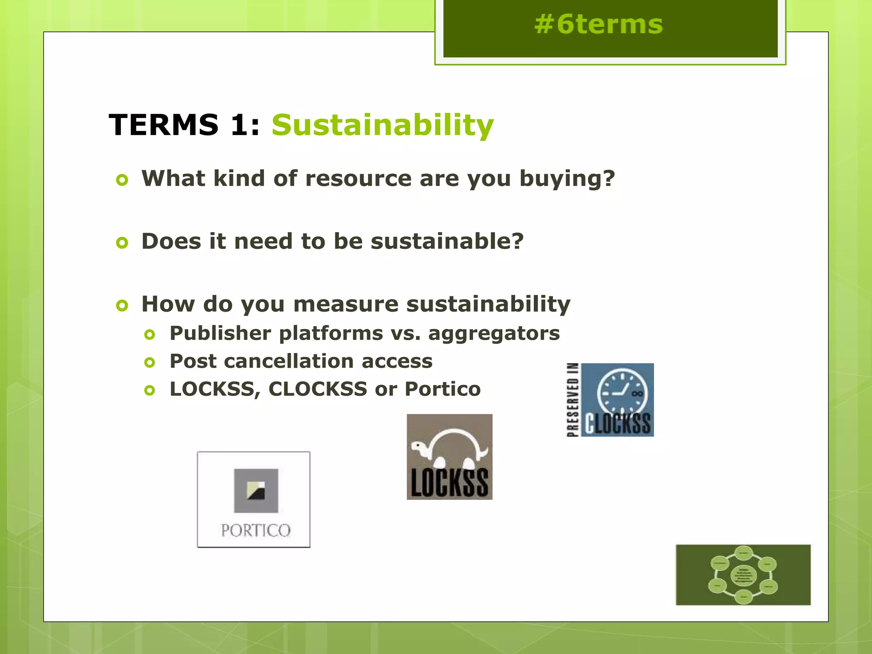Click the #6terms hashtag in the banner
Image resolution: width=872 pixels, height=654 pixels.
click(598, 24)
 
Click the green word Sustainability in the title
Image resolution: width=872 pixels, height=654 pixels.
click(382, 125)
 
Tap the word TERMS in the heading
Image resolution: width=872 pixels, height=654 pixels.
click(164, 125)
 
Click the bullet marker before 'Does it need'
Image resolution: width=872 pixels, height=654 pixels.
click(122, 243)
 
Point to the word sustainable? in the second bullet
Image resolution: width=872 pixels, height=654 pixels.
click(447, 241)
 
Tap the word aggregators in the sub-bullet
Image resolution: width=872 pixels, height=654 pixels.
click(494, 333)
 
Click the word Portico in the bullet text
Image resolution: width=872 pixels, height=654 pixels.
click(442, 389)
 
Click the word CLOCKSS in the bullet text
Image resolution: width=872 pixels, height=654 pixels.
click(318, 389)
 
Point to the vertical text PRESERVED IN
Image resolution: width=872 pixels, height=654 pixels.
click(573, 400)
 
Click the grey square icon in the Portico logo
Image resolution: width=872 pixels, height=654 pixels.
click(256, 490)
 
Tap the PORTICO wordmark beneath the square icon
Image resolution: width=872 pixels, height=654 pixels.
click(255, 531)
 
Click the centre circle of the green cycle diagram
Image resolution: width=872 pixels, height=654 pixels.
click(743, 575)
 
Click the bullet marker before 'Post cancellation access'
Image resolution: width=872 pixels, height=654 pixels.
click(149, 362)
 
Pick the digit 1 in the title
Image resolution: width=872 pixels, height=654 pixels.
click(239, 125)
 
